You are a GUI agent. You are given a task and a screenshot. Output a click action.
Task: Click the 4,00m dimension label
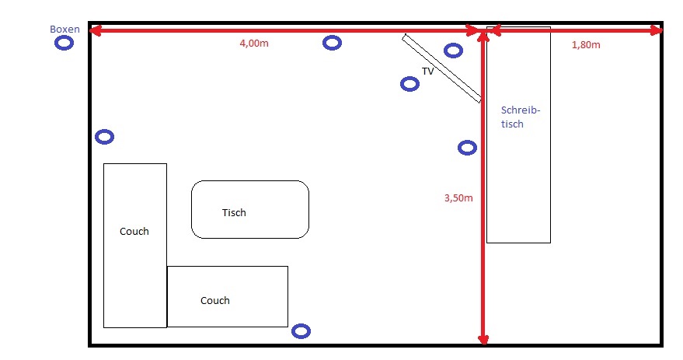click(254, 44)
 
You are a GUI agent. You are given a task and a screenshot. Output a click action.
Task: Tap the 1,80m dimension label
click(586, 45)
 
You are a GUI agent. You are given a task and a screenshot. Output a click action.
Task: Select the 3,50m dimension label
click(458, 197)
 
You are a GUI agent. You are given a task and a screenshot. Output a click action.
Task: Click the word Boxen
click(64, 30)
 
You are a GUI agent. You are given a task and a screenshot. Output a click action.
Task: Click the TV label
click(427, 71)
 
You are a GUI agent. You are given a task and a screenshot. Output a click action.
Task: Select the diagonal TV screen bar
click(441, 68)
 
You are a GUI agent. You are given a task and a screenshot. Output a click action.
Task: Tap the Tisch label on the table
click(234, 213)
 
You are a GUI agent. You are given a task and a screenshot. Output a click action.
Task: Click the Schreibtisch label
click(521, 117)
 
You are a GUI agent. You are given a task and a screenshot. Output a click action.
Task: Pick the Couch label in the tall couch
click(134, 232)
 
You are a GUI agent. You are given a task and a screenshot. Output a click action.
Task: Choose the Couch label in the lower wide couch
click(214, 301)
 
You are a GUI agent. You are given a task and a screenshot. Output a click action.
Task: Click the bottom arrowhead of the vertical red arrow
click(483, 340)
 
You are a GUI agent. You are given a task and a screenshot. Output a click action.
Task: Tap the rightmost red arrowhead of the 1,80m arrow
click(657, 30)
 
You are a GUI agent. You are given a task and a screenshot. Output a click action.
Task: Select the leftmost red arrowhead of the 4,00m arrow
click(96, 30)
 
